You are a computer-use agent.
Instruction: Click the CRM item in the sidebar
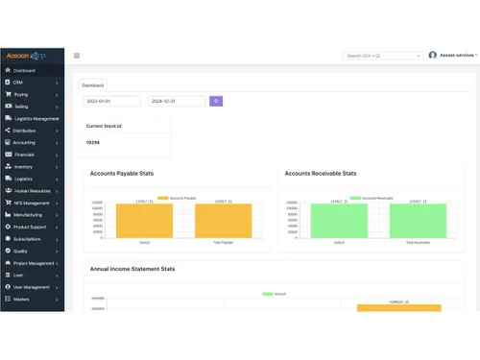18,83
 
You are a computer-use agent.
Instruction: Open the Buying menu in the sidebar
21,94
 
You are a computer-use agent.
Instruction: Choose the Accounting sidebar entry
25,142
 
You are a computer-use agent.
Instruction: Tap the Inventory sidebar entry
24,166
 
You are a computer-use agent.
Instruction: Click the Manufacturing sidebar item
29,215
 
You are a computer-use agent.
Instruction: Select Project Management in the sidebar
34,262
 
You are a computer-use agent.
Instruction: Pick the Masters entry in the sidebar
22,299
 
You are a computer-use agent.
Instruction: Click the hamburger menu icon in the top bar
77,56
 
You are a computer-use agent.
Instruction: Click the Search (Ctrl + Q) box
382,56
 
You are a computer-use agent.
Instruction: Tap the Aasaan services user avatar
433,56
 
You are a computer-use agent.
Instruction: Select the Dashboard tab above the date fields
93,84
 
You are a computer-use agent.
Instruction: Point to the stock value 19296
93,142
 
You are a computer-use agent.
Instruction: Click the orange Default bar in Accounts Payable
144,221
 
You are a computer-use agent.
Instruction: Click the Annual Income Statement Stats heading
132,270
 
